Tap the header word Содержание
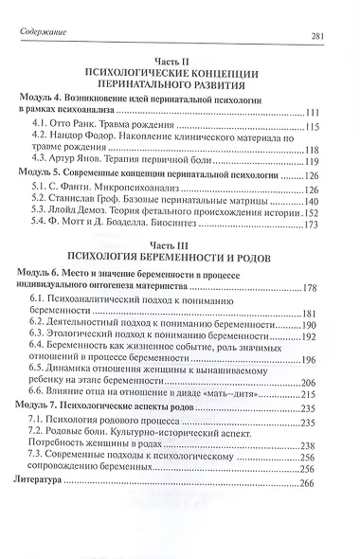(x=46, y=36)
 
